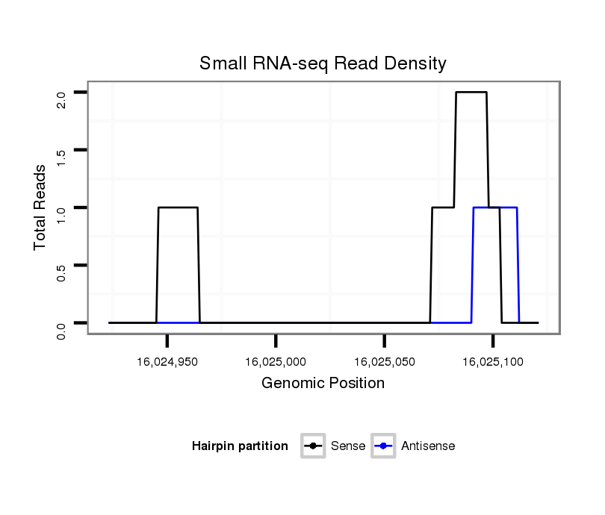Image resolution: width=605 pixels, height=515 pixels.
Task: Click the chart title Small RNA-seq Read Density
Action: (323, 63)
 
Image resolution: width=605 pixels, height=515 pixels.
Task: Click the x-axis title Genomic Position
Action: (323, 384)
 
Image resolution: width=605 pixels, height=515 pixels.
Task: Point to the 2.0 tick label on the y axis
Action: (61, 99)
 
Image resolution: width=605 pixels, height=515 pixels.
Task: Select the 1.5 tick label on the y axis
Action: (61, 157)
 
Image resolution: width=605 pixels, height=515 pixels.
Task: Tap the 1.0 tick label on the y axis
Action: (61, 214)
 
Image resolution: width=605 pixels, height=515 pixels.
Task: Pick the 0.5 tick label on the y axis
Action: (61, 272)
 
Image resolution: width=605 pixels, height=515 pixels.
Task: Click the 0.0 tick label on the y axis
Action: (61, 329)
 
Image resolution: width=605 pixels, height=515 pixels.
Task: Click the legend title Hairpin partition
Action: (240, 446)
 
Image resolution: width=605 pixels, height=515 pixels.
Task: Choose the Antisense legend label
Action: (428, 446)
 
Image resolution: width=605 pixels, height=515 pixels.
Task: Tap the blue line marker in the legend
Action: (383, 446)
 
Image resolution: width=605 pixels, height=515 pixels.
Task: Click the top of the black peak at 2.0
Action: (471, 93)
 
